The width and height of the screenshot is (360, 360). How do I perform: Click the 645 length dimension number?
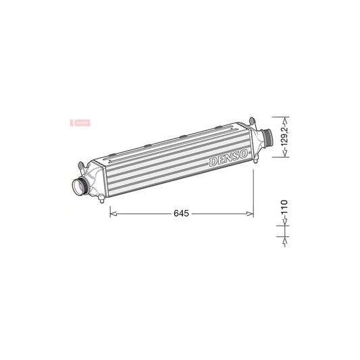pos(181,213)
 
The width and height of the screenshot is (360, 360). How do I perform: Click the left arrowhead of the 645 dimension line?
pos(112,213)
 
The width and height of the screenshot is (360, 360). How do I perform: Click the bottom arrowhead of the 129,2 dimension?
pos(285,155)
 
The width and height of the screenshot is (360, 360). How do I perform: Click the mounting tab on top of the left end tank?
pos(82,164)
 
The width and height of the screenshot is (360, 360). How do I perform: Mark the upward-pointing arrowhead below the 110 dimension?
pos(285,238)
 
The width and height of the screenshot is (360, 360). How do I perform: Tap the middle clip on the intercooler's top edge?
pos(183,138)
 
